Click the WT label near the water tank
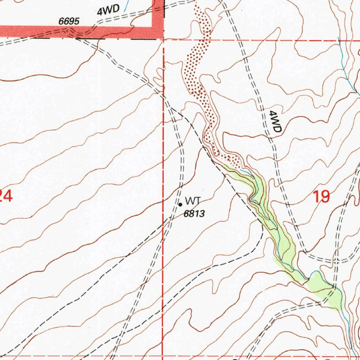tap(193, 201)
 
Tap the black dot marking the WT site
tap(180, 204)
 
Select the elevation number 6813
tap(194, 213)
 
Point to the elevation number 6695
tap(69, 21)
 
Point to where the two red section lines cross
tap(163, 40)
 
